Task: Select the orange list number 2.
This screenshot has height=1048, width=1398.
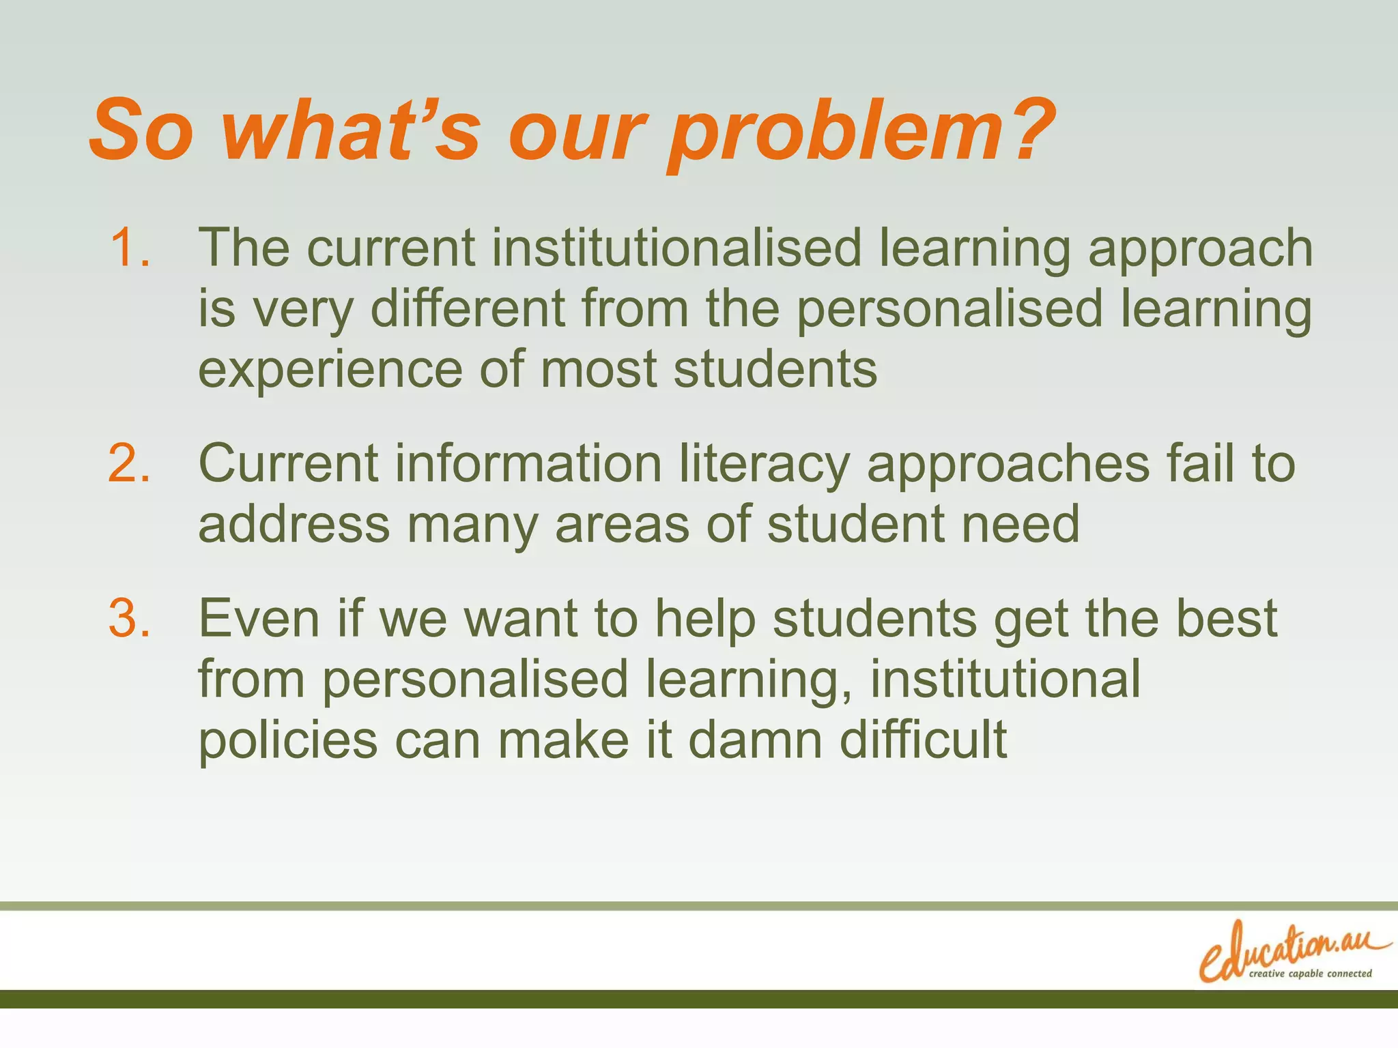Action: click(129, 463)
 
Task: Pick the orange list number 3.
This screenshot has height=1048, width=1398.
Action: click(129, 618)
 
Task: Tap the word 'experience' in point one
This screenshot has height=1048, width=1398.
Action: click(330, 369)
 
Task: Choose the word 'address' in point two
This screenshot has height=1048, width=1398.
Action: click(294, 524)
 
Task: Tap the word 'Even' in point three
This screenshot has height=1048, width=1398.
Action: click(259, 618)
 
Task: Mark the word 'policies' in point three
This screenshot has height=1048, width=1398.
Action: click(287, 741)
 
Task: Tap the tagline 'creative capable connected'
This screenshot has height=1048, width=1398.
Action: click(1310, 974)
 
